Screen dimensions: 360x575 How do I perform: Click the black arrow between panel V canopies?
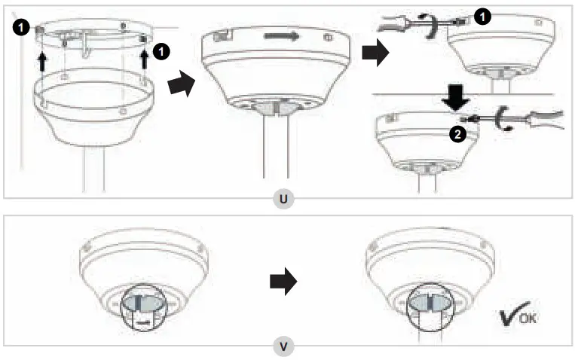(280, 281)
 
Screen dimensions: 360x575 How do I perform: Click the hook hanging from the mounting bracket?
(88, 47)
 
